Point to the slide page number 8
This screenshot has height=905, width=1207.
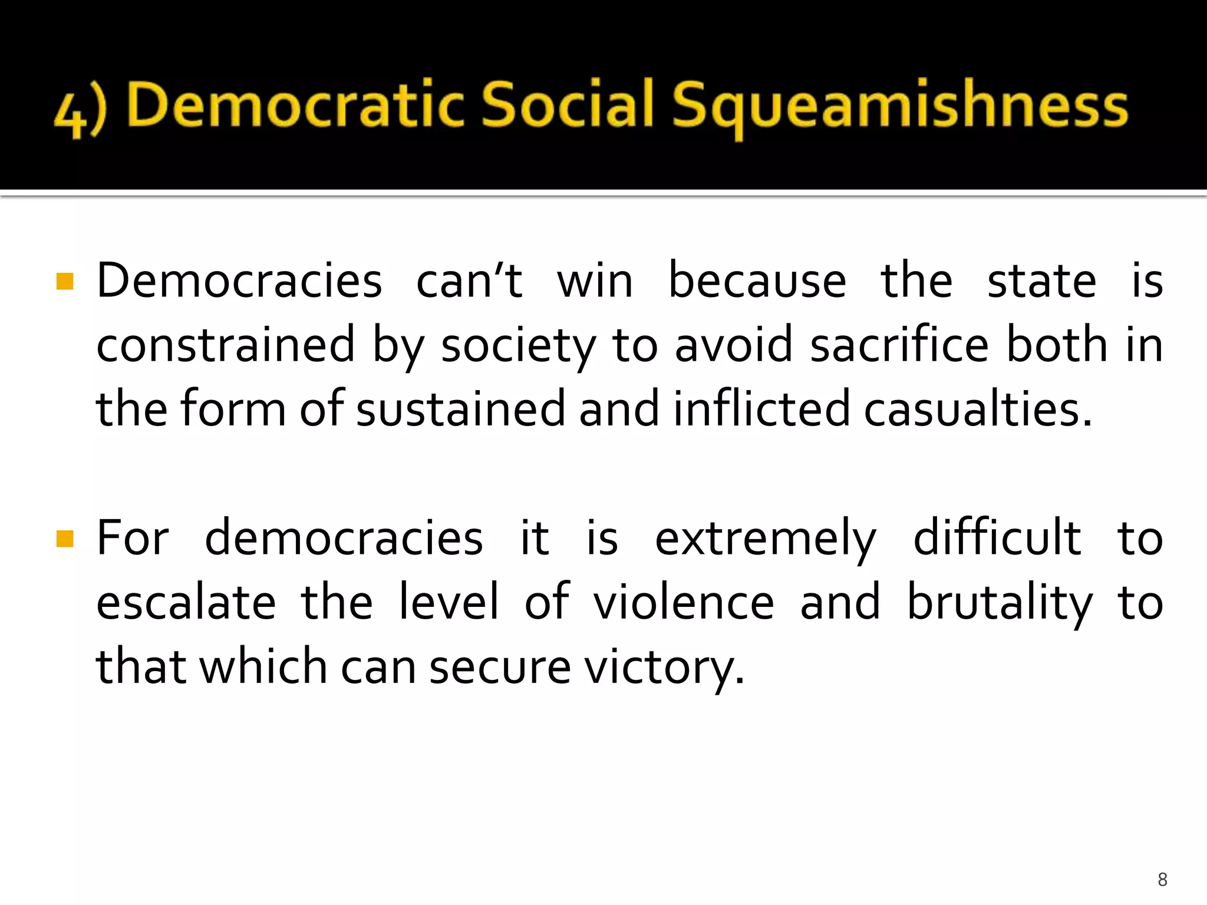point(1162,880)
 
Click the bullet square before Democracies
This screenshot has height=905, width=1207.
point(65,281)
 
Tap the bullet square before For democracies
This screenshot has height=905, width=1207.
point(65,539)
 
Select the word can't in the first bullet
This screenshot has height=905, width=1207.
point(469,280)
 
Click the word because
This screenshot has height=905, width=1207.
point(757,280)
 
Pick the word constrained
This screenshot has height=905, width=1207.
point(226,345)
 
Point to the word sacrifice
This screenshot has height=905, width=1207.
point(899,345)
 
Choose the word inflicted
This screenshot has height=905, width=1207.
point(761,409)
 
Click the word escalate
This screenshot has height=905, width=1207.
point(186,602)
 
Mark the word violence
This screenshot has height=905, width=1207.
point(684,602)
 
